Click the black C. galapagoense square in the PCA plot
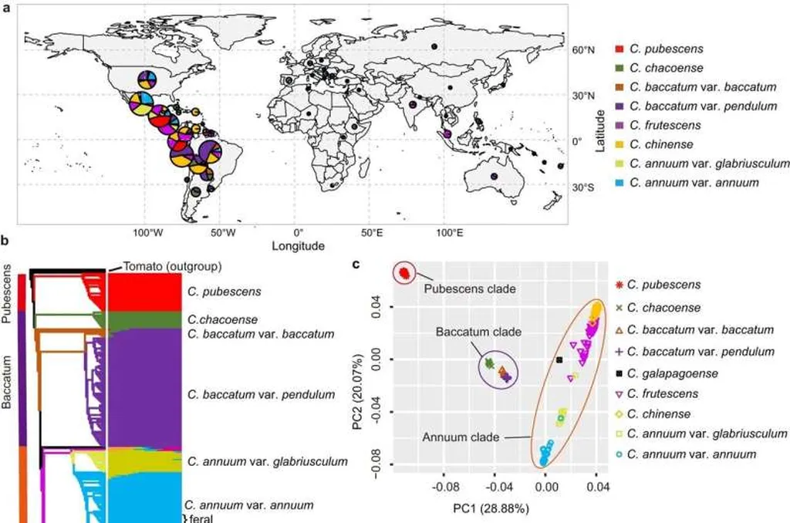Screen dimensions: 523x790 (x=560, y=360)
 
